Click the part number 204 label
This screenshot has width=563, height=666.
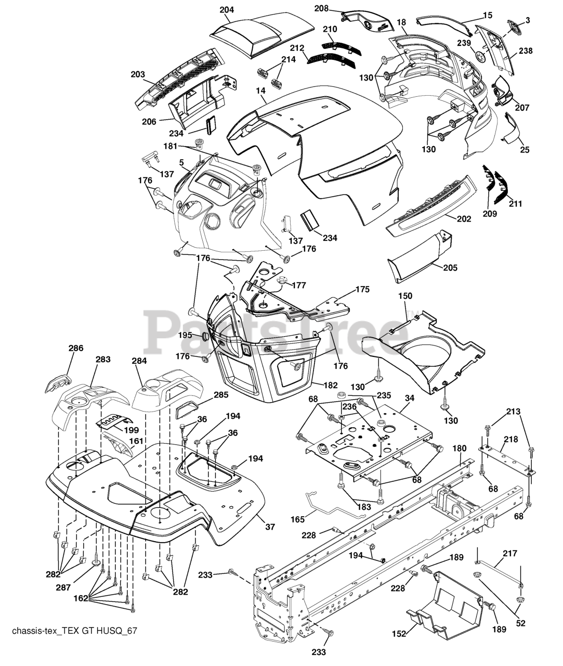coord(227,10)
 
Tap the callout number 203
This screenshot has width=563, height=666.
coord(138,74)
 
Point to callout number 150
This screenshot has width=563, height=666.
coord(405,296)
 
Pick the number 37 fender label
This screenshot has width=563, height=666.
coord(270,527)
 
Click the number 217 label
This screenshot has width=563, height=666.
coord(510,554)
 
